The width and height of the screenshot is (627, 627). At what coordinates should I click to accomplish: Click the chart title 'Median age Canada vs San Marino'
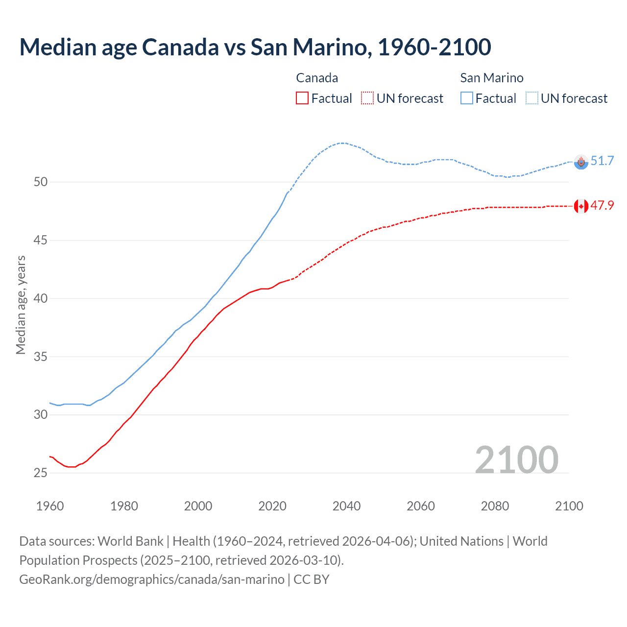[255, 47]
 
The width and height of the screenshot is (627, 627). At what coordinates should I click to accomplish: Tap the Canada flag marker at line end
[581, 206]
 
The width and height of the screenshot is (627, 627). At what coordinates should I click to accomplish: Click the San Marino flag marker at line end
[581, 162]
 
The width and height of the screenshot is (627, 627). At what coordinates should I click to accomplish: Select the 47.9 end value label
[602, 206]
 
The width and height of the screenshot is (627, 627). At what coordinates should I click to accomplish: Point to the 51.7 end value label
[602, 161]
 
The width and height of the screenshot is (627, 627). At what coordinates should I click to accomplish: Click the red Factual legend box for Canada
[302, 98]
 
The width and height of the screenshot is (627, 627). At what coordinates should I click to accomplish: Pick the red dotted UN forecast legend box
[367, 98]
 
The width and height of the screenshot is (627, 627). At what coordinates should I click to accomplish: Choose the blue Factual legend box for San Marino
[467, 98]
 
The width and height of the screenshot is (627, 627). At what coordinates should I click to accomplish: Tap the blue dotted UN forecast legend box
[532, 98]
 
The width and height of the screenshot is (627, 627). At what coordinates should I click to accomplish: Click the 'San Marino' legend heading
[491, 78]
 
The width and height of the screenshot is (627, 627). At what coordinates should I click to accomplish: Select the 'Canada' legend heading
[317, 78]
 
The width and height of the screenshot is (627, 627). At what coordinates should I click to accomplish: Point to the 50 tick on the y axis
[41, 182]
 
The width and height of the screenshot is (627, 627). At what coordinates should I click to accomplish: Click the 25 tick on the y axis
[41, 473]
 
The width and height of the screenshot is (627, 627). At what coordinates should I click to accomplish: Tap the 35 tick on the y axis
[41, 357]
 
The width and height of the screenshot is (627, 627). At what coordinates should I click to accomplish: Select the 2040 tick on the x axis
[346, 506]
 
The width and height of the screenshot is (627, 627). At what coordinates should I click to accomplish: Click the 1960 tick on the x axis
[50, 506]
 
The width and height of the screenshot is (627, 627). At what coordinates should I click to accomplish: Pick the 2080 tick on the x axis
[495, 506]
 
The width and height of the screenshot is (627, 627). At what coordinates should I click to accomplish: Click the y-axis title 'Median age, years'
[21, 305]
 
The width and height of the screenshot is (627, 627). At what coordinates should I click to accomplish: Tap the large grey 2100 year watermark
[516, 459]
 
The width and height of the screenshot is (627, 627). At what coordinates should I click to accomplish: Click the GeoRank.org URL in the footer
[152, 579]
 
